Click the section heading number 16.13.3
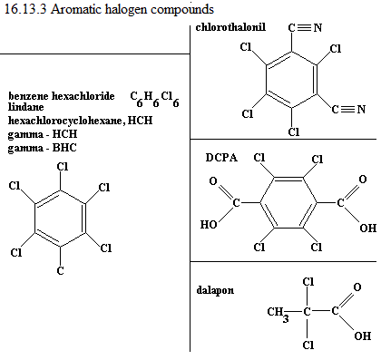(25, 9)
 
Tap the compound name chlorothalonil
(230, 27)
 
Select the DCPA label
(221, 158)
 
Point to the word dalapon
(215, 290)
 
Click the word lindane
(25, 107)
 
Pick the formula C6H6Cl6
(154, 99)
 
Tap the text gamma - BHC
(43, 148)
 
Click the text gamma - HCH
(43, 134)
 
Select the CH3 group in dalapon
(278, 313)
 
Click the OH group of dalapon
(363, 336)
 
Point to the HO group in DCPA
(209, 224)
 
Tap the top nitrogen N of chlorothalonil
(317, 28)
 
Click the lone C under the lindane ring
(61, 270)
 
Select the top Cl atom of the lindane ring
(63, 167)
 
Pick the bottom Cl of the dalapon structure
(308, 345)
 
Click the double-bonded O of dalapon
(357, 287)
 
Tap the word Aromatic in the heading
(76, 9)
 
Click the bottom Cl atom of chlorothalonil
(294, 131)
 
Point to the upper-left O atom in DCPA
(213, 181)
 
